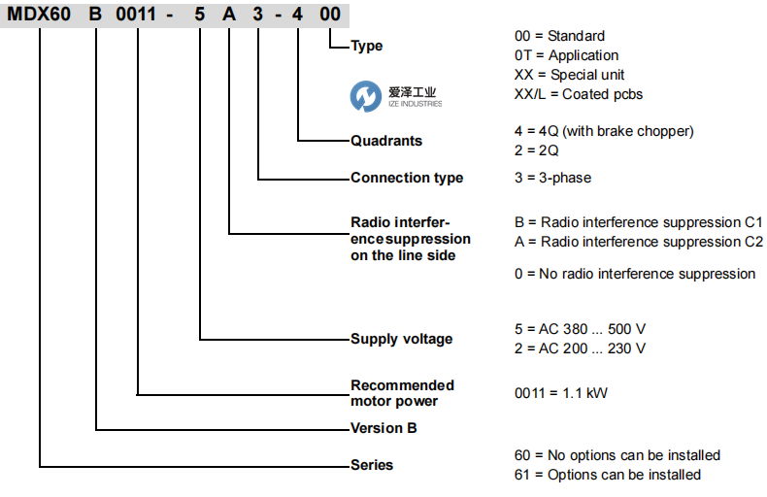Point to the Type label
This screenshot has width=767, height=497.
pyautogui.click(x=366, y=46)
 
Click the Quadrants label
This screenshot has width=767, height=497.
pyautogui.click(x=385, y=141)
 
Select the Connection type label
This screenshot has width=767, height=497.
pyautogui.click(x=406, y=178)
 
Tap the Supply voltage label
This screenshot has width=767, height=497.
pyautogui.click(x=401, y=339)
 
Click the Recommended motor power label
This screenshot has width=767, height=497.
pyautogui.click(x=402, y=393)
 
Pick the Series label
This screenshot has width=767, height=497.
pyautogui.click(x=371, y=465)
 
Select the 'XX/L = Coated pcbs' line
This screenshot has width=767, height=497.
pyautogui.click(x=578, y=94)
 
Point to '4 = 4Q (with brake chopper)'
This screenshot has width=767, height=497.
pyautogui.click(x=604, y=131)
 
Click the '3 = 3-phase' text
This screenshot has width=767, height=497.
pyautogui.click(x=552, y=178)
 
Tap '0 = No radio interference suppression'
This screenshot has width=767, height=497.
pyautogui.click(x=634, y=274)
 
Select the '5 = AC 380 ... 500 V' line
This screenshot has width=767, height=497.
pyautogui.click(x=581, y=329)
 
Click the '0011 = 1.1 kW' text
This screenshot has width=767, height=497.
pyautogui.click(x=561, y=393)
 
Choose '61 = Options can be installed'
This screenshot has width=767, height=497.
pyautogui.click(x=607, y=475)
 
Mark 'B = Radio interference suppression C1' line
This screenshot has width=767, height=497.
pyautogui.click(x=638, y=222)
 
